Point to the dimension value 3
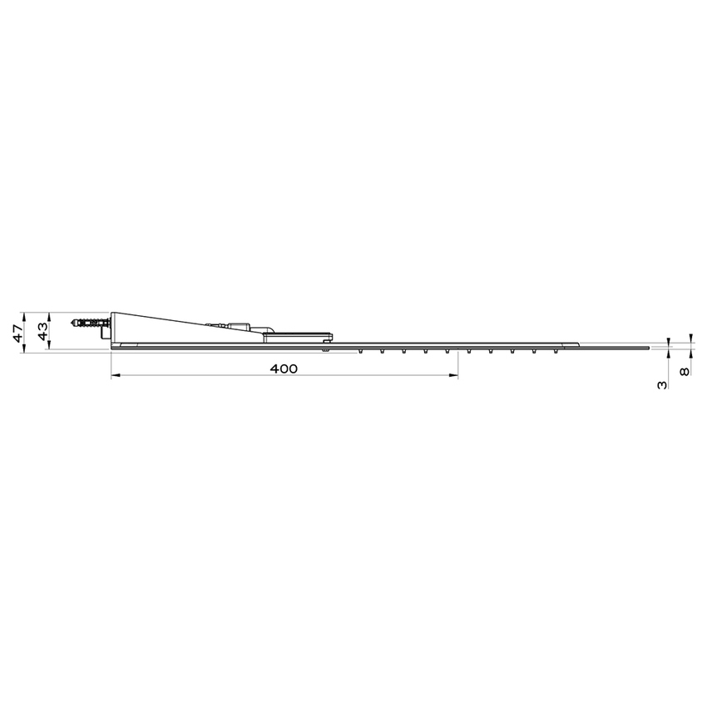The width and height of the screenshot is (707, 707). (661, 386)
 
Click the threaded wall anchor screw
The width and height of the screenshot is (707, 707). (90, 322)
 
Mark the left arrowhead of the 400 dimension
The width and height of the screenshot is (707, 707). (115, 377)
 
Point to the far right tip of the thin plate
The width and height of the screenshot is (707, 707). (650, 346)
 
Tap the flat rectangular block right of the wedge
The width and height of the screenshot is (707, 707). (299, 336)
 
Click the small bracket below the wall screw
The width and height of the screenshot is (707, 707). (106, 334)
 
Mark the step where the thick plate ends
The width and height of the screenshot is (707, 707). (578, 344)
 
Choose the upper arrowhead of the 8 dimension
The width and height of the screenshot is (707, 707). (689, 339)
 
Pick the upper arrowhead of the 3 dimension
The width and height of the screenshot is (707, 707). (667, 341)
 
